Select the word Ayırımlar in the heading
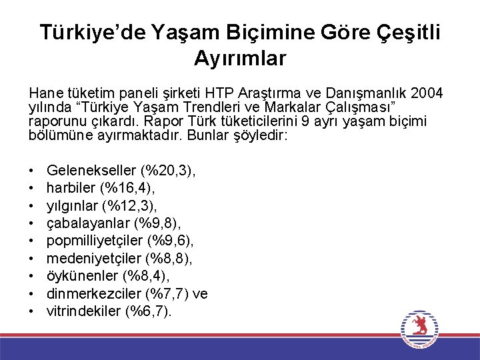tap(240, 58)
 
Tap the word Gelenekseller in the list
tap(89, 171)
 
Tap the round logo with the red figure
tap(419, 328)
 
